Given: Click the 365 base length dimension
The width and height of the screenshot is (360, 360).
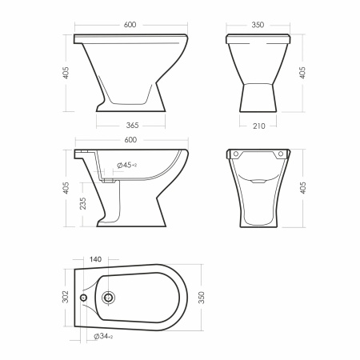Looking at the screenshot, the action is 132,125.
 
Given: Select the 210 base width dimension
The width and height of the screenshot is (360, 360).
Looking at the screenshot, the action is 259,126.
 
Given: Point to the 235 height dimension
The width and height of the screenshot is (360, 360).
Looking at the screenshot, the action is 83,203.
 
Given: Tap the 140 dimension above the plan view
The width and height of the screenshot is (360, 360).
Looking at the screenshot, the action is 95,259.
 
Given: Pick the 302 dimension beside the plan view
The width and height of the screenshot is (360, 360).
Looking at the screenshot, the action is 66,297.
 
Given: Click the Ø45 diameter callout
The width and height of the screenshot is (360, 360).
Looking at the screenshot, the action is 126,166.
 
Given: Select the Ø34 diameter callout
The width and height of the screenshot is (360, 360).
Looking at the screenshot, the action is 103,337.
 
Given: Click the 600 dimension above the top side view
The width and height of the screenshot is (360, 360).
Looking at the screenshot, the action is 130,25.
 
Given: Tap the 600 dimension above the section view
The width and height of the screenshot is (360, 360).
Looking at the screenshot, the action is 130,140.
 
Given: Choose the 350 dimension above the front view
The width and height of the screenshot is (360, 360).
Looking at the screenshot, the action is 258,25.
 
